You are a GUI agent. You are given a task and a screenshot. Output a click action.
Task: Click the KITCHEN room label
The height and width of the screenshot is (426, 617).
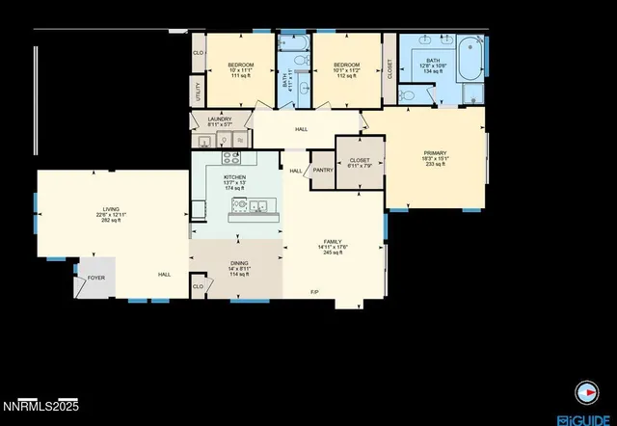235,177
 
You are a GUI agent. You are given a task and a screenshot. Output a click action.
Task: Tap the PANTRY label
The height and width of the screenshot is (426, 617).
322,171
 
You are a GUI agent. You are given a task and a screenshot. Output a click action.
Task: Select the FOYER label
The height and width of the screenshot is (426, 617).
96,278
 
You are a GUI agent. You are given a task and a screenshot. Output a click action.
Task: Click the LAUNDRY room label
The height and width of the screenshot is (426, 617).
220,120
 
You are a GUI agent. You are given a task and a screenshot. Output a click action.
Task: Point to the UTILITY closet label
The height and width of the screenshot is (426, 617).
199,93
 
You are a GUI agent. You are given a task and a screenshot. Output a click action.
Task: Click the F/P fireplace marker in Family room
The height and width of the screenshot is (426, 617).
314,292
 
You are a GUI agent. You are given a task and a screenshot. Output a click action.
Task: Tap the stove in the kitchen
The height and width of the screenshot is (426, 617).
232,157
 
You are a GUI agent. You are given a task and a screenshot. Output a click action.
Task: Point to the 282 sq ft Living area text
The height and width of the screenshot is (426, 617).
112,220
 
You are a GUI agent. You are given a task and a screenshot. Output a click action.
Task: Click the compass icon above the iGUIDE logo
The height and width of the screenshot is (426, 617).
585,391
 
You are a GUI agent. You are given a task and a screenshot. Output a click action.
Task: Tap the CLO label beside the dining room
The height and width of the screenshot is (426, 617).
198,286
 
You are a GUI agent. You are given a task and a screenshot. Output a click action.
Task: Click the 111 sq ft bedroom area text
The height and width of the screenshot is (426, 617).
240,76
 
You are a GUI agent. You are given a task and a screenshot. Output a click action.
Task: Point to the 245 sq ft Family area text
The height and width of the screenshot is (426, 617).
334,253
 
